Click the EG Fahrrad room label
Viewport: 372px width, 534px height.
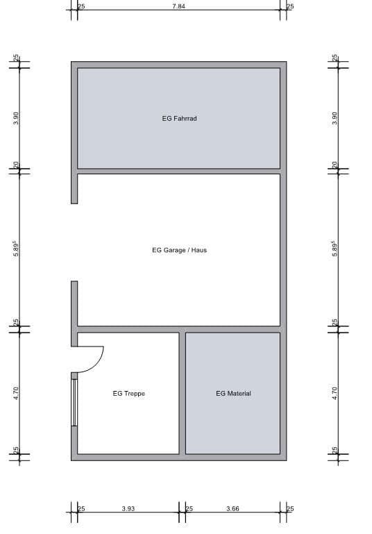tap(179, 119)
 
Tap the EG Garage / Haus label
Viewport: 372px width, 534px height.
tap(179, 250)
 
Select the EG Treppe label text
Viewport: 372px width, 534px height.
tap(128, 394)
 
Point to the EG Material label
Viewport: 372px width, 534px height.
tap(233, 394)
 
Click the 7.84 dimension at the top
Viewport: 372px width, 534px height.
tap(178, 6)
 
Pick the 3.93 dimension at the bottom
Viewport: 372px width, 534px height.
tap(128, 509)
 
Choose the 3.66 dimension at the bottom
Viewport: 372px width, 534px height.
tap(232, 509)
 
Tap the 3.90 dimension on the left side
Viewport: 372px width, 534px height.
tap(16, 118)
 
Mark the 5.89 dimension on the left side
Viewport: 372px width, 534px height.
tap(16, 249)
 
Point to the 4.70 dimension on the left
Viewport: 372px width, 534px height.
tap(16, 393)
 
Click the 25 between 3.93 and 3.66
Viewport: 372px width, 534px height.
tap(188, 509)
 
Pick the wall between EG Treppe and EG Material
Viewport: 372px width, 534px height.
tap(182, 393)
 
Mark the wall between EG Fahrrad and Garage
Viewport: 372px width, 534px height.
tap(178, 171)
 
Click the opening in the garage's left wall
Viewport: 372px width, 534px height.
tap(74, 242)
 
